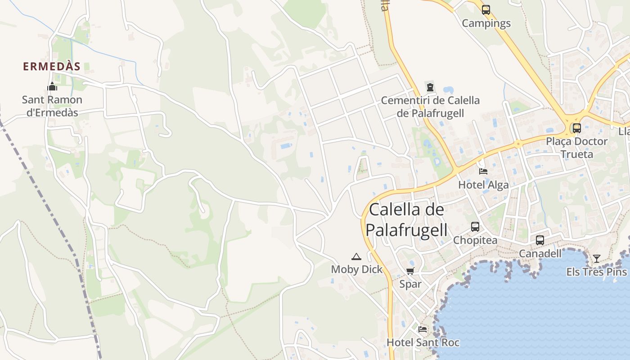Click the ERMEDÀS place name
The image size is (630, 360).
[x=52, y=67]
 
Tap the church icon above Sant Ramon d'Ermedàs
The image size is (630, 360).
[x=52, y=86]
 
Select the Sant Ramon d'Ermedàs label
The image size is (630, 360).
[x=52, y=106]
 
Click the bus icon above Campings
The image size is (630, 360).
[x=486, y=10]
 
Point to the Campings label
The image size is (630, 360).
[x=486, y=23]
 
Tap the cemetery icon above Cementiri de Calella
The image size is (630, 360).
[x=430, y=87]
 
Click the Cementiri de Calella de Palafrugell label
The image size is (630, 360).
[x=430, y=107]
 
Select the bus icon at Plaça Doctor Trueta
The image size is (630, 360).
[x=577, y=128]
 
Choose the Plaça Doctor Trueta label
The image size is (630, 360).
[x=577, y=148]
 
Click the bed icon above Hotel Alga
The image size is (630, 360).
[x=483, y=171]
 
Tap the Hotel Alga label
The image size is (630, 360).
[x=483, y=185]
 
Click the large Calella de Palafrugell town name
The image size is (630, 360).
[x=406, y=220]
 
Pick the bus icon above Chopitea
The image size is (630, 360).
[x=475, y=227]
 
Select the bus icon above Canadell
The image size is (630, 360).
[x=540, y=240]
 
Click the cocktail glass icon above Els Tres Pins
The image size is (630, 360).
[x=597, y=259]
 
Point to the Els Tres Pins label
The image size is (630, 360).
[x=597, y=272]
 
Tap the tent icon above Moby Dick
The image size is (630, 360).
[x=356, y=257]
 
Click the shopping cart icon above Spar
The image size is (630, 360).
[x=410, y=271]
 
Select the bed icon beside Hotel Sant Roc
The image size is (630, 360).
[x=422, y=329]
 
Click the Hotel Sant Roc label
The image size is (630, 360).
[x=423, y=342]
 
